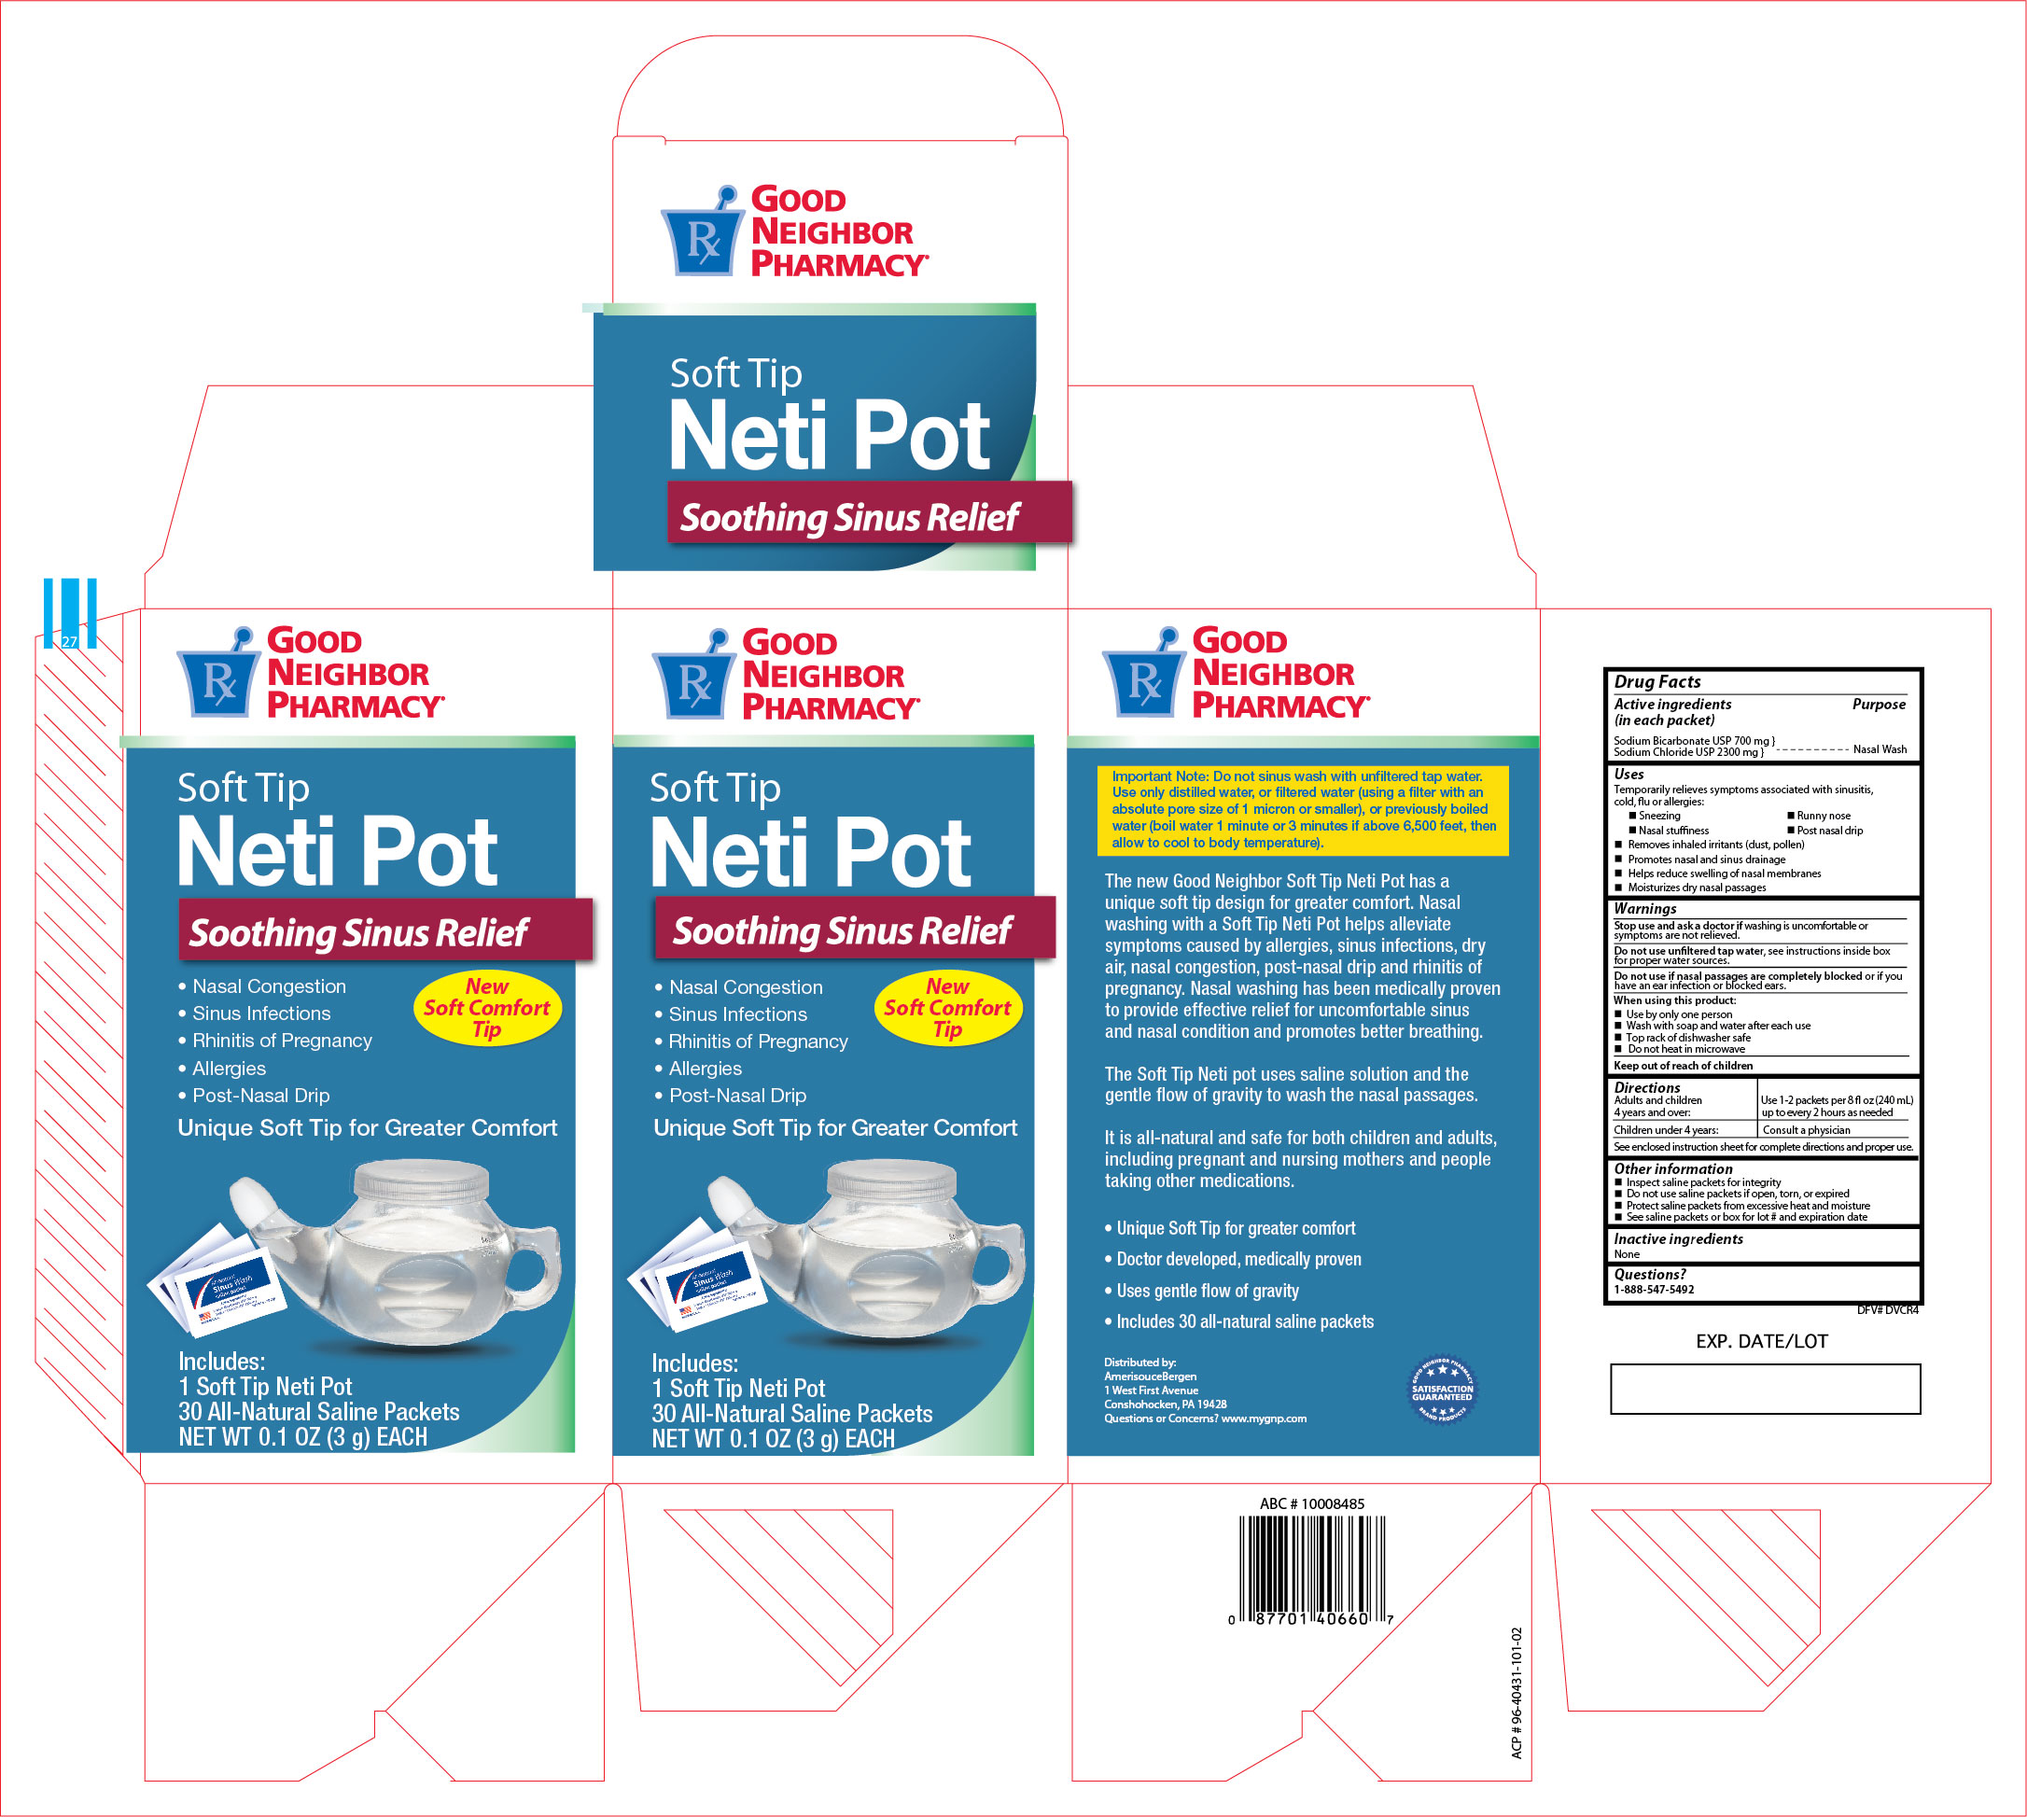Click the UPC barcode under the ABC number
tap(1311, 1562)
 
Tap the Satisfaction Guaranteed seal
tap(1441, 1389)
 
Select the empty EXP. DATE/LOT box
tap(1765, 1389)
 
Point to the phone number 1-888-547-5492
tap(1654, 1289)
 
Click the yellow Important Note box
tap(1302, 810)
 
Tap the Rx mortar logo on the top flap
tap(702, 233)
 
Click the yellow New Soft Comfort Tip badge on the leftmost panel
tap(487, 1007)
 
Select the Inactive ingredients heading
tap(1679, 1239)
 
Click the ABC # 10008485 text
tap(1311, 1503)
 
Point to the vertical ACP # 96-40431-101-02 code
tap(1517, 1693)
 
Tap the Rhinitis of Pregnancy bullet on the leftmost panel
tap(282, 1041)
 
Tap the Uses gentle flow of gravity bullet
tap(1207, 1291)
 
